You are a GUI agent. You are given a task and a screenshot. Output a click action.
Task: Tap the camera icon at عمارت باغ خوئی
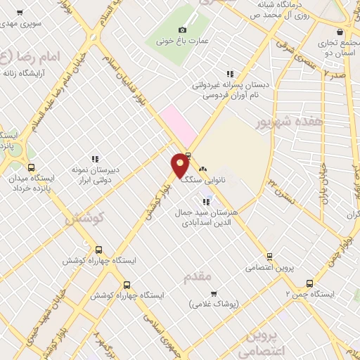click(x=183, y=30)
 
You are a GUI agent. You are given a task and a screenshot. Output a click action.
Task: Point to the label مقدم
click(x=198, y=276)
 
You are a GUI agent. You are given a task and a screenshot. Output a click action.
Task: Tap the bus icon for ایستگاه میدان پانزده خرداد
click(x=30, y=168)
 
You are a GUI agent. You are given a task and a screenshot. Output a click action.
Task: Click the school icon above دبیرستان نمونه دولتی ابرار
click(x=96, y=159)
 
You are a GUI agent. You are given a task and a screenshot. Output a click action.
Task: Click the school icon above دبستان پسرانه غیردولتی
click(x=229, y=74)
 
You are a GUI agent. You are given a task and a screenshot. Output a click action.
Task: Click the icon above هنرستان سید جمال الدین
click(x=205, y=202)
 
